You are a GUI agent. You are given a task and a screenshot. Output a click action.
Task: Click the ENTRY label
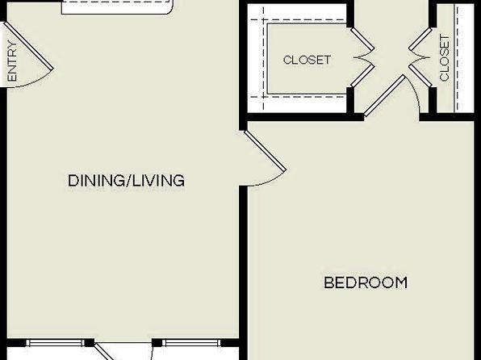13,61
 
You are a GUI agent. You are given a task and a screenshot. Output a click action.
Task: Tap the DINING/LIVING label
126,181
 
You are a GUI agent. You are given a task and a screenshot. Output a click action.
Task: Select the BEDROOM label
366,283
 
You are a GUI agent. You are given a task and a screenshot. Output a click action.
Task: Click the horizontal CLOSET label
307,60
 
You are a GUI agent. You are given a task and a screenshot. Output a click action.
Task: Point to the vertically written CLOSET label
444,58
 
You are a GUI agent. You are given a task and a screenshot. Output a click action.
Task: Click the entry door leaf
28,45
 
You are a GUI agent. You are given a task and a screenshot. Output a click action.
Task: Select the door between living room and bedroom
266,151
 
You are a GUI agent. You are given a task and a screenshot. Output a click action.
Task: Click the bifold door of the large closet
363,57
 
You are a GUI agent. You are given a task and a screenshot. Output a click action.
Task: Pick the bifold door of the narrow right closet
420,57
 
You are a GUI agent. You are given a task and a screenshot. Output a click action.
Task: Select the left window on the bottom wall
55,343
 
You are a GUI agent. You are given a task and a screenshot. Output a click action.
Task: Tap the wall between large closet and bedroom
304,117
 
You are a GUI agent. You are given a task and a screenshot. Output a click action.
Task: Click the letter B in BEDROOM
328,283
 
